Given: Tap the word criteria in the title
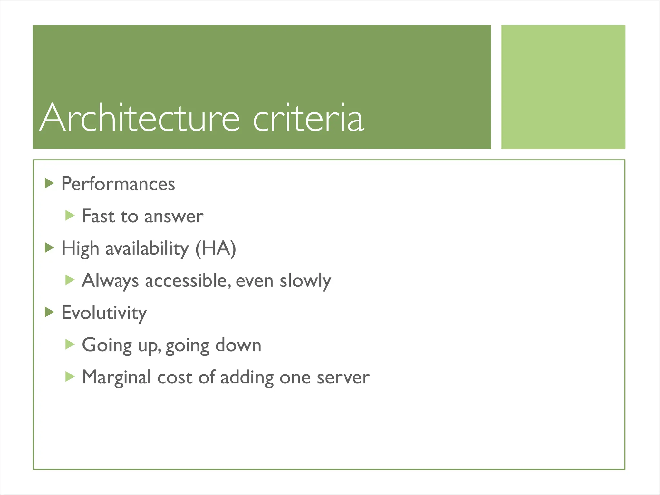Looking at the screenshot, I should pyautogui.click(x=308, y=118).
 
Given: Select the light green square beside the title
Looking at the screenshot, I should pyautogui.click(x=563, y=87).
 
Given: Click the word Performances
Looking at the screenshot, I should pyautogui.click(x=118, y=184).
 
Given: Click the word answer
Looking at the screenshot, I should pyautogui.click(x=174, y=217).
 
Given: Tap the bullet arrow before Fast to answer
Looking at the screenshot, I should pyautogui.click(x=70, y=215).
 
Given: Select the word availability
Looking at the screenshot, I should pyautogui.click(x=147, y=249).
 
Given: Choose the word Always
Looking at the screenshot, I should pyautogui.click(x=110, y=281).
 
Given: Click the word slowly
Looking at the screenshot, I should pyautogui.click(x=305, y=281).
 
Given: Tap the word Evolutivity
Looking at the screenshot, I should pyautogui.click(x=104, y=313).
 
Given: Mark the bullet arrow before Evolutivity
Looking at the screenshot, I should pyautogui.click(x=49, y=312).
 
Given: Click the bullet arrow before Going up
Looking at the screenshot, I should pyautogui.click(x=70, y=344).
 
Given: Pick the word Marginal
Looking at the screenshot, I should pyautogui.click(x=116, y=377).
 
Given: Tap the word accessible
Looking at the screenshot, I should pyautogui.click(x=188, y=281).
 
